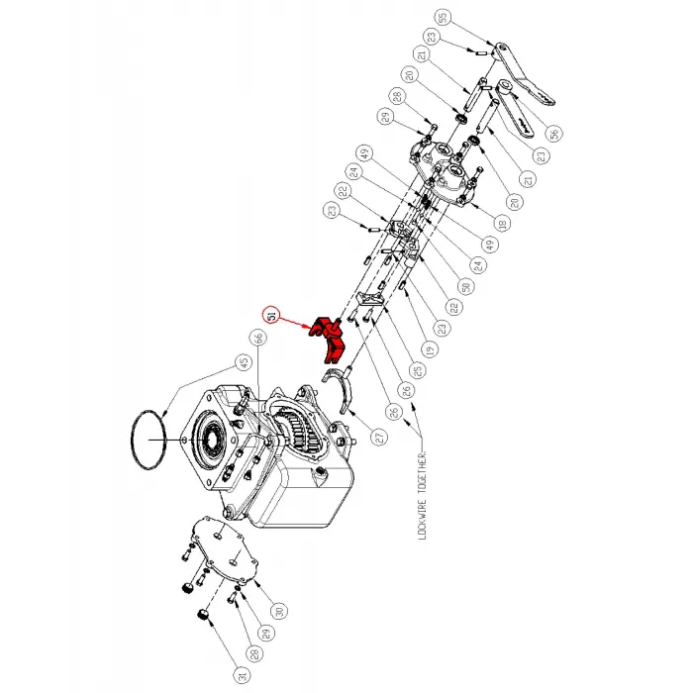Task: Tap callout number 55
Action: (443, 17)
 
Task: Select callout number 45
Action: (242, 361)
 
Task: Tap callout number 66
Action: (258, 339)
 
